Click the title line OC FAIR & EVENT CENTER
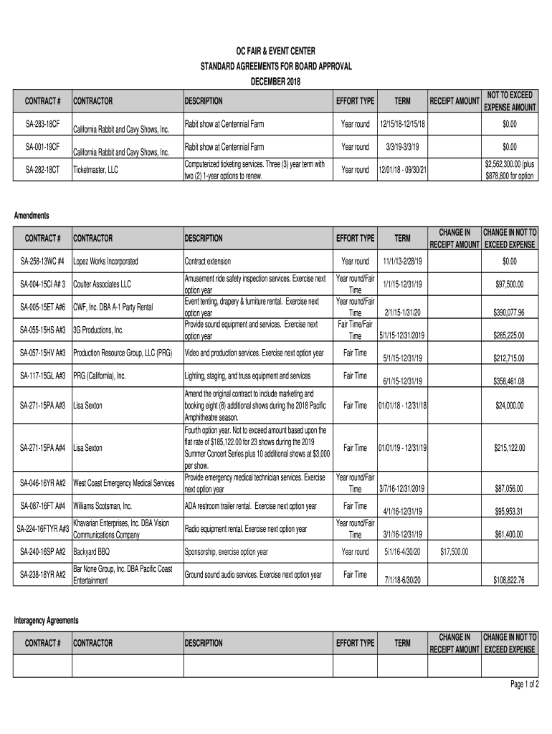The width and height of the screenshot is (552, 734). point(276,52)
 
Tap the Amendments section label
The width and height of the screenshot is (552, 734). point(32,215)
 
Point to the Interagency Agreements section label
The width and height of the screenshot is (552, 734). point(47,620)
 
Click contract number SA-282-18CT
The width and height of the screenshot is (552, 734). point(43,170)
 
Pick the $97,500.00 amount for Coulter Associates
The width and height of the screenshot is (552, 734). point(510,285)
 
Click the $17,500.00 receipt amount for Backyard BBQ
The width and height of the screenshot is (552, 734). point(454,552)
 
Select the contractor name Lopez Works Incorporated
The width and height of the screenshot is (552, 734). point(105,262)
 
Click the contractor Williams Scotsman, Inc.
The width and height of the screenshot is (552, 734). point(103,506)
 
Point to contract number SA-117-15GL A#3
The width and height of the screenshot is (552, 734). point(43,376)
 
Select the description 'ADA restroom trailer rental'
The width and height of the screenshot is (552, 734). point(250,506)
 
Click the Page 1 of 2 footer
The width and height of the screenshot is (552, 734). point(524,685)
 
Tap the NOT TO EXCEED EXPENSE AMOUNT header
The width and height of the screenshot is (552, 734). point(510,101)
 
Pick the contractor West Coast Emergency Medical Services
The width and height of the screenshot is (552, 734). point(123,483)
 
